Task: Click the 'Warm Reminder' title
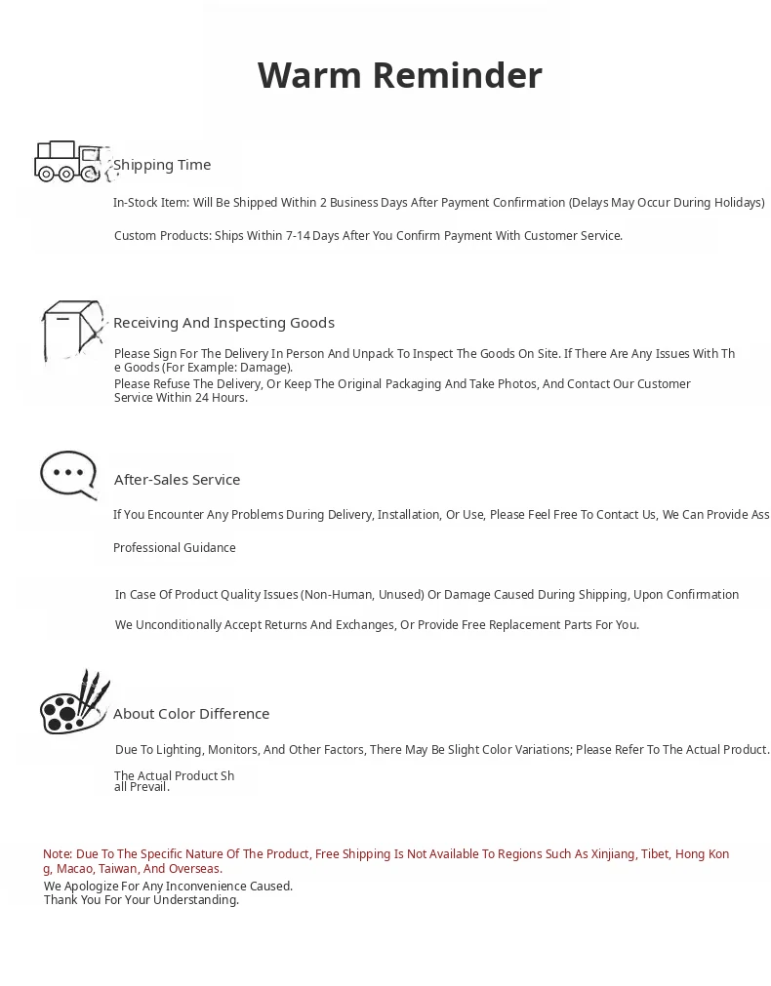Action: point(399,75)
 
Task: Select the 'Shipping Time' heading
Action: point(162,165)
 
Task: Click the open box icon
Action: point(71,331)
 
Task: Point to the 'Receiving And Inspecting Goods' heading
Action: point(223,323)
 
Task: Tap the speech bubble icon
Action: point(68,475)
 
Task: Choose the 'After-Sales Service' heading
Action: point(177,480)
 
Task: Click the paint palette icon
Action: point(74,703)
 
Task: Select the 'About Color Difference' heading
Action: point(191,714)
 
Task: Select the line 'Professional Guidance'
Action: point(175,548)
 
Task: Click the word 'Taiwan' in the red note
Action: point(117,869)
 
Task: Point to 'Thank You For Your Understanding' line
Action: point(142,900)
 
